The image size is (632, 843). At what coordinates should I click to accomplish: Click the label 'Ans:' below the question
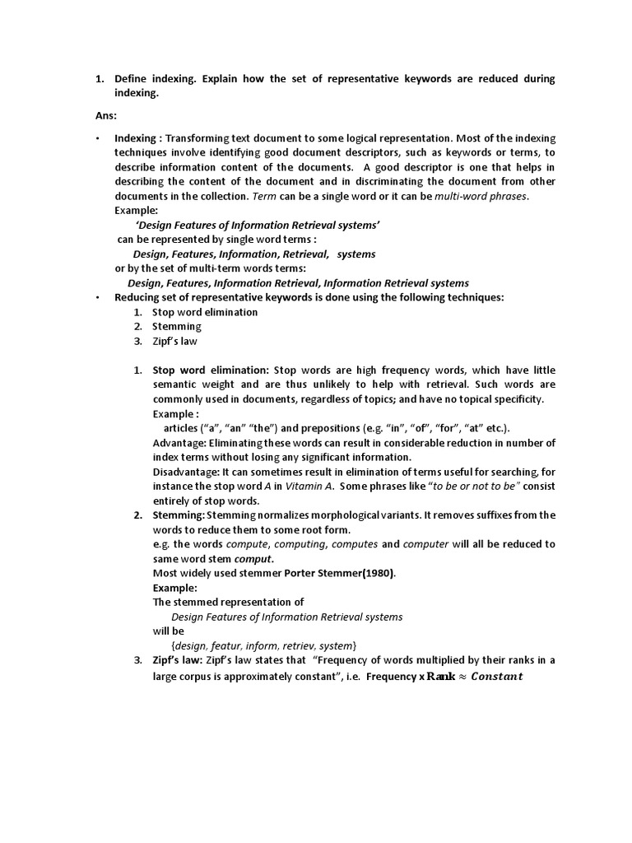[106, 116]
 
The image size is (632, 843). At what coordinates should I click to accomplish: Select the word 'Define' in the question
[132, 79]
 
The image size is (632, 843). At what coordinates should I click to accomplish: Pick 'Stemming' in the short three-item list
[177, 327]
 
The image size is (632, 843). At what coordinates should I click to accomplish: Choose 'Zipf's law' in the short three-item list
[174, 341]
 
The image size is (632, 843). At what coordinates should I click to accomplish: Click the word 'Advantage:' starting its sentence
[179, 443]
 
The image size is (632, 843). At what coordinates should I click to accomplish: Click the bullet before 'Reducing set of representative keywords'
[97, 297]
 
